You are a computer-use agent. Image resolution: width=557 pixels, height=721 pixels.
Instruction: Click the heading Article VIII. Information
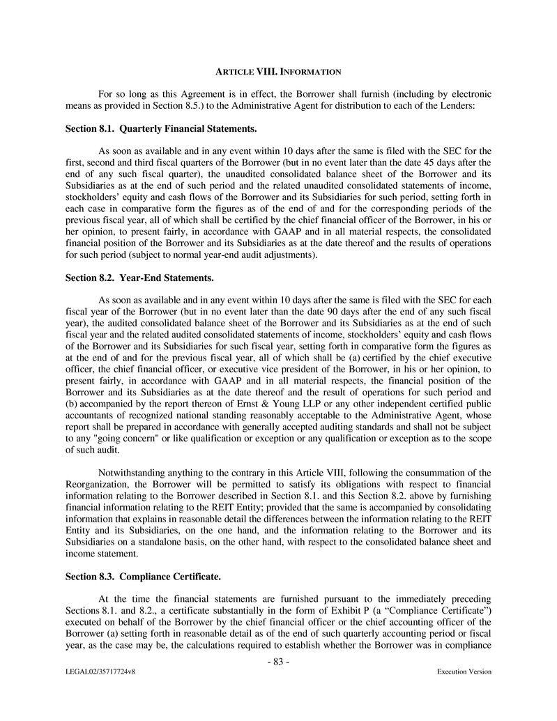(278, 72)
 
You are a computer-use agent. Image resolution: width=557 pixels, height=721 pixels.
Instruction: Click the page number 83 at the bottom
(278, 662)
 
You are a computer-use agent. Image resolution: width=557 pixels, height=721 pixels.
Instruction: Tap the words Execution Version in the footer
(464, 671)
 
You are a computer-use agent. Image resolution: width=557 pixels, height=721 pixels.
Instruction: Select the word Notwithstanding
(132, 472)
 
